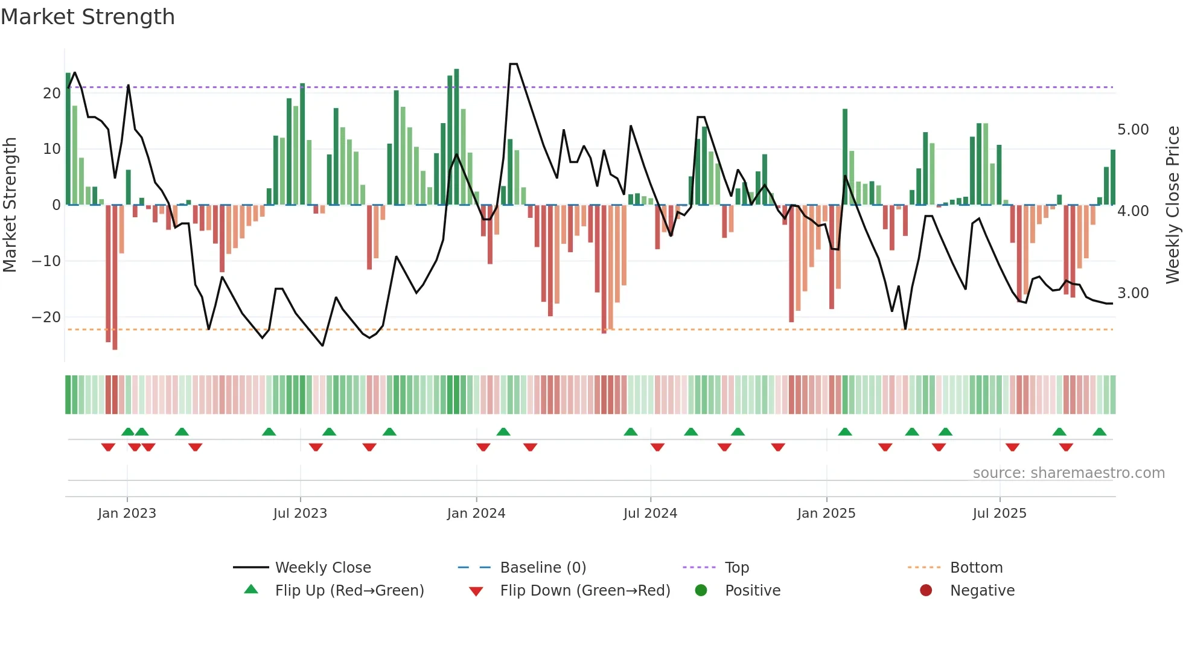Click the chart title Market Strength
pyautogui.click(x=88, y=17)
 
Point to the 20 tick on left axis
pyautogui.click(x=52, y=94)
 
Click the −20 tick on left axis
pyautogui.click(x=46, y=317)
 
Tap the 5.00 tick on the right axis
pyautogui.click(x=1133, y=130)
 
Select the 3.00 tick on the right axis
pyautogui.click(x=1133, y=293)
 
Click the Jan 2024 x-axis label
pyautogui.click(x=476, y=514)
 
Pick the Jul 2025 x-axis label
pyautogui.click(x=1000, y=514)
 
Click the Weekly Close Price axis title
pyautogui.click(x=1172, y=205)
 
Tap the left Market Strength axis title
pyautogui.click(x=10, y=205)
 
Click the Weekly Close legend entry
pyautogui.click(x=323, y=568)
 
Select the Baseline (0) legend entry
pyautogui.click(x=543, y=568)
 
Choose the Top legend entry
pyautogui.click(x=737, y=568)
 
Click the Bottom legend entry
pyautogui.click(x=976, y=568)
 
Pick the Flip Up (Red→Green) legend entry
pyautogui.click(x=349, y=591)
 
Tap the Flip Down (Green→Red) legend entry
pyautogui.click(x=585, y=591)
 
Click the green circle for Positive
pyautogui.click(x=701, y=590)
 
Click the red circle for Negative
pyautogui.click(x=926, y=590)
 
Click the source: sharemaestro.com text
pyautogui.click(x=1068, y=473)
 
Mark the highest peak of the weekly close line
pyautogui.click(x=514, y=64)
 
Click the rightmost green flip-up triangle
pyautogui.click(x=1100, y=432)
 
